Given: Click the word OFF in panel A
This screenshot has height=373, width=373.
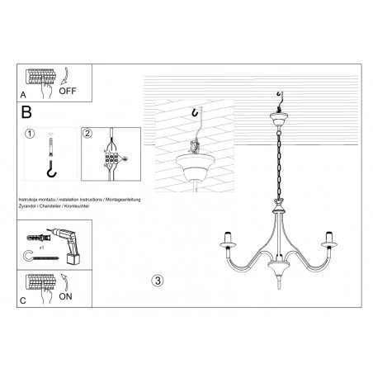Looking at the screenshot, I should [x=68, y=92].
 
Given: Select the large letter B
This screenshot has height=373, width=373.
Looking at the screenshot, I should [x=26, y=111].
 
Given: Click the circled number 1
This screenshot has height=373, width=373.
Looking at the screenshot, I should [x=30, y=135].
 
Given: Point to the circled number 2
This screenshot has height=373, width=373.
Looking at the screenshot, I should [x=88, y=135].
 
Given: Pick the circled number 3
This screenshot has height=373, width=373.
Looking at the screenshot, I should [x=158, y=280].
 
